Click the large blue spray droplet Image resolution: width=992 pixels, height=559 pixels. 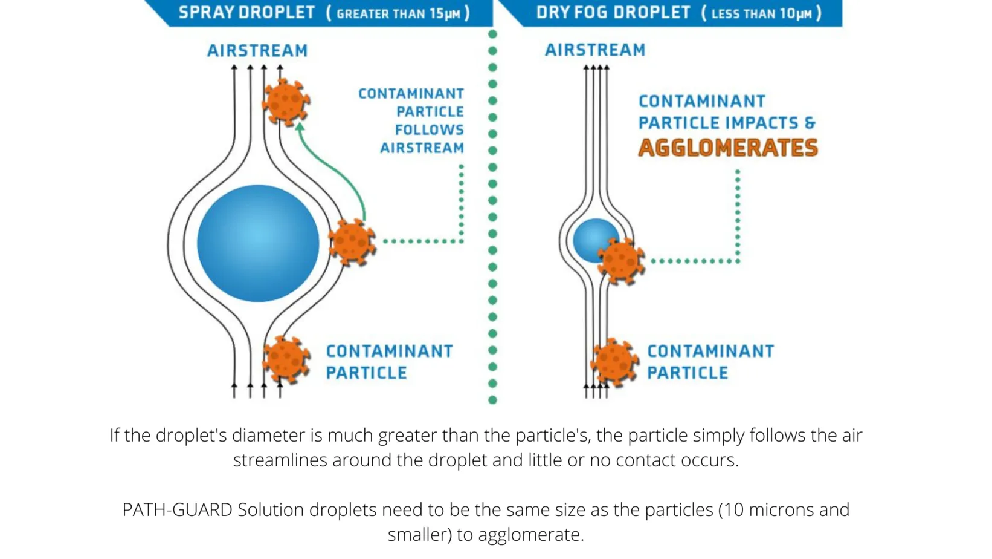tap(258, 243)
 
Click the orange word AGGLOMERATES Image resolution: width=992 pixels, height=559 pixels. tap(728, 148)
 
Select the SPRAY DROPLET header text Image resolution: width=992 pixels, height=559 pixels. tap(246, 13)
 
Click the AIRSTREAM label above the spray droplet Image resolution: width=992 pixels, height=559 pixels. tap(257, 51)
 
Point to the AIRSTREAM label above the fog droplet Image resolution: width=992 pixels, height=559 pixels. tap(595, 50)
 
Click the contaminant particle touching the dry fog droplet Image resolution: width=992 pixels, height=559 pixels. tap(621, 261)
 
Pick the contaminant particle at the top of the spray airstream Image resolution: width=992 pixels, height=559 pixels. tap(285, 102)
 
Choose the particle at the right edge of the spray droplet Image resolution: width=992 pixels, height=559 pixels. tap(352, 241)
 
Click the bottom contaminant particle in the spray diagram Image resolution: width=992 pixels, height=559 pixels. tap(286, 359)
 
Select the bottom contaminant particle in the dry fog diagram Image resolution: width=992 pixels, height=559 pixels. tap(614, 362)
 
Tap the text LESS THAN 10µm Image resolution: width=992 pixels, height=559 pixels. tap(761, 14)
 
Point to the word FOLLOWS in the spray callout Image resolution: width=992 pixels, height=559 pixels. tap(430, 130)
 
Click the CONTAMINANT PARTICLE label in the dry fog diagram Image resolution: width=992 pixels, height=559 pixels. tap(710, 362)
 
